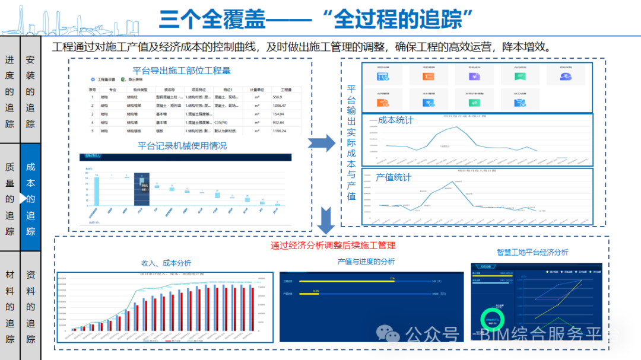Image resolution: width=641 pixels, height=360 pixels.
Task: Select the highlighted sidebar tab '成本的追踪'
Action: (31, 199)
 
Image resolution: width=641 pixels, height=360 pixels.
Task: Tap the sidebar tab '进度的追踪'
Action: (9, 91)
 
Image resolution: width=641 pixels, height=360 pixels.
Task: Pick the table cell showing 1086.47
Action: (280, 105)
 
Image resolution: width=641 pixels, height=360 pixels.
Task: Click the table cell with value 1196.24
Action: (280, 131)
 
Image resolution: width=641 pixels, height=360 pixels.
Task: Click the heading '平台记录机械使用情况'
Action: (182, 145)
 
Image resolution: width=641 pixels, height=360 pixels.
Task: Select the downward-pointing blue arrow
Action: (325, 220)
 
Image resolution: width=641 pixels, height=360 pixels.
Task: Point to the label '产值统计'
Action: (393, 177)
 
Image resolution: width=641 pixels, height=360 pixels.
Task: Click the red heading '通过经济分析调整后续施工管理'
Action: (332, 245)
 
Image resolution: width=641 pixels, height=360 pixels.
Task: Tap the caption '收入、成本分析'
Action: (166, 263)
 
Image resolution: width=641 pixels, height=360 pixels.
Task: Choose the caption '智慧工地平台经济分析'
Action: (532, 252)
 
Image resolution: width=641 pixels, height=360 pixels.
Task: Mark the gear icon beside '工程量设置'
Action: (92, 79)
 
